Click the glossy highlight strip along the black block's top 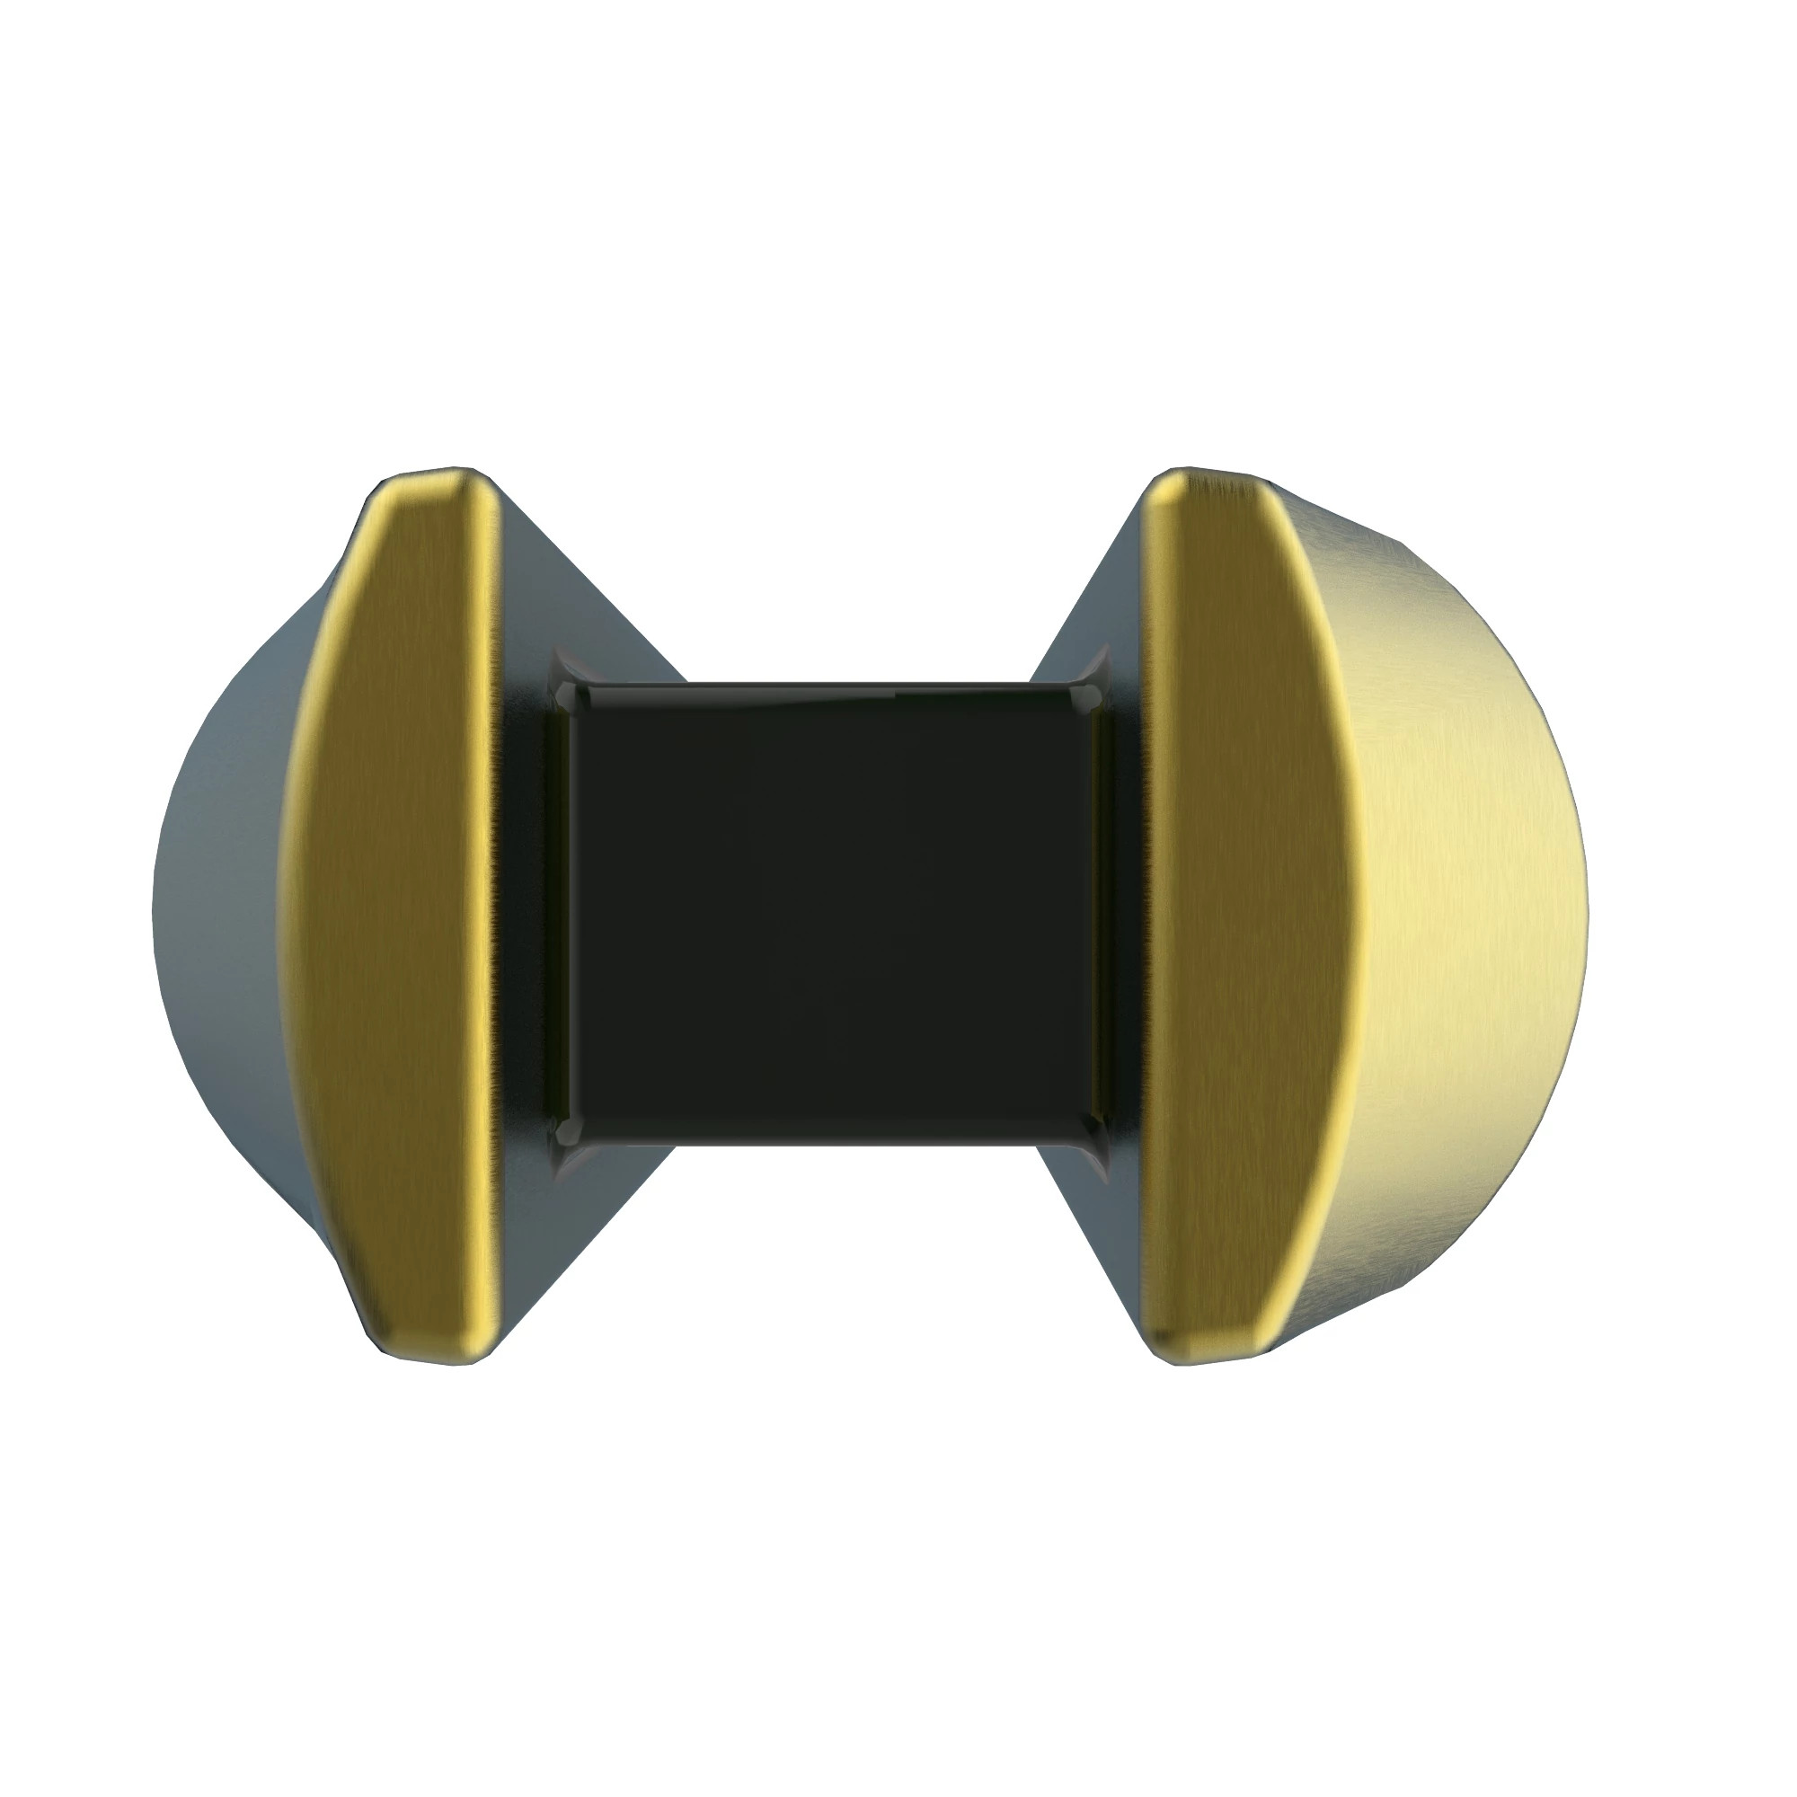[828, 691]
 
